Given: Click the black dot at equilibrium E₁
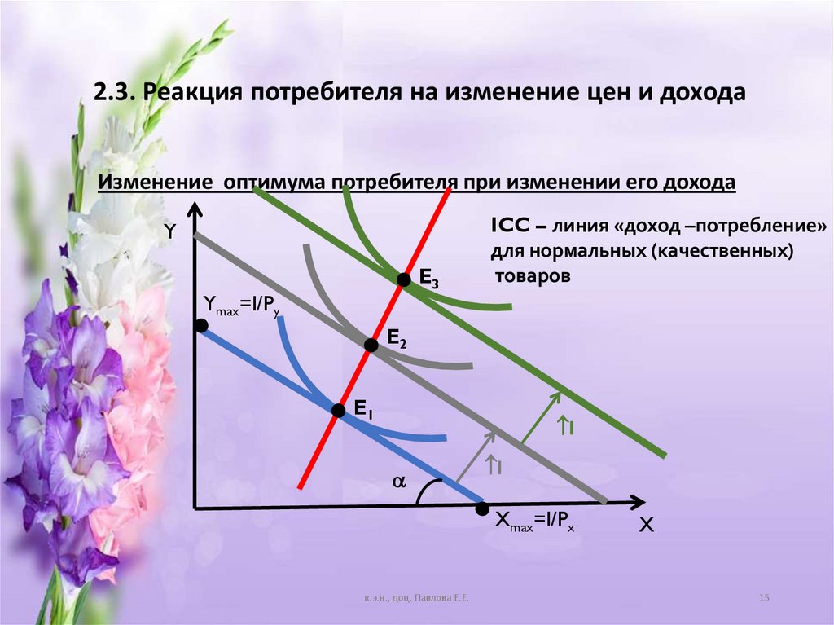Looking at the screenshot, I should (338, 411).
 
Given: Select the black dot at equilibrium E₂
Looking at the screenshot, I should (371, 345).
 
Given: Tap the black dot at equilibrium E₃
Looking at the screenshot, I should (402, 279).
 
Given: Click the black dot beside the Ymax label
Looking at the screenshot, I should (200, 326).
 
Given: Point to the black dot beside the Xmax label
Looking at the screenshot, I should (482, 509).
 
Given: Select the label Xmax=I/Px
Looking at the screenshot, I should (536, 526).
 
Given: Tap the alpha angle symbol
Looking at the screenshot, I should (398, 482).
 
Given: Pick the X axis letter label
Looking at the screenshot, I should (646, 526).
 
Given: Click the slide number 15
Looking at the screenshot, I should (764, 599).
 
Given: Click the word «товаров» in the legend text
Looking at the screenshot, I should (533, 275).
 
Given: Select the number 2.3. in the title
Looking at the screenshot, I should (115, 91).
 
